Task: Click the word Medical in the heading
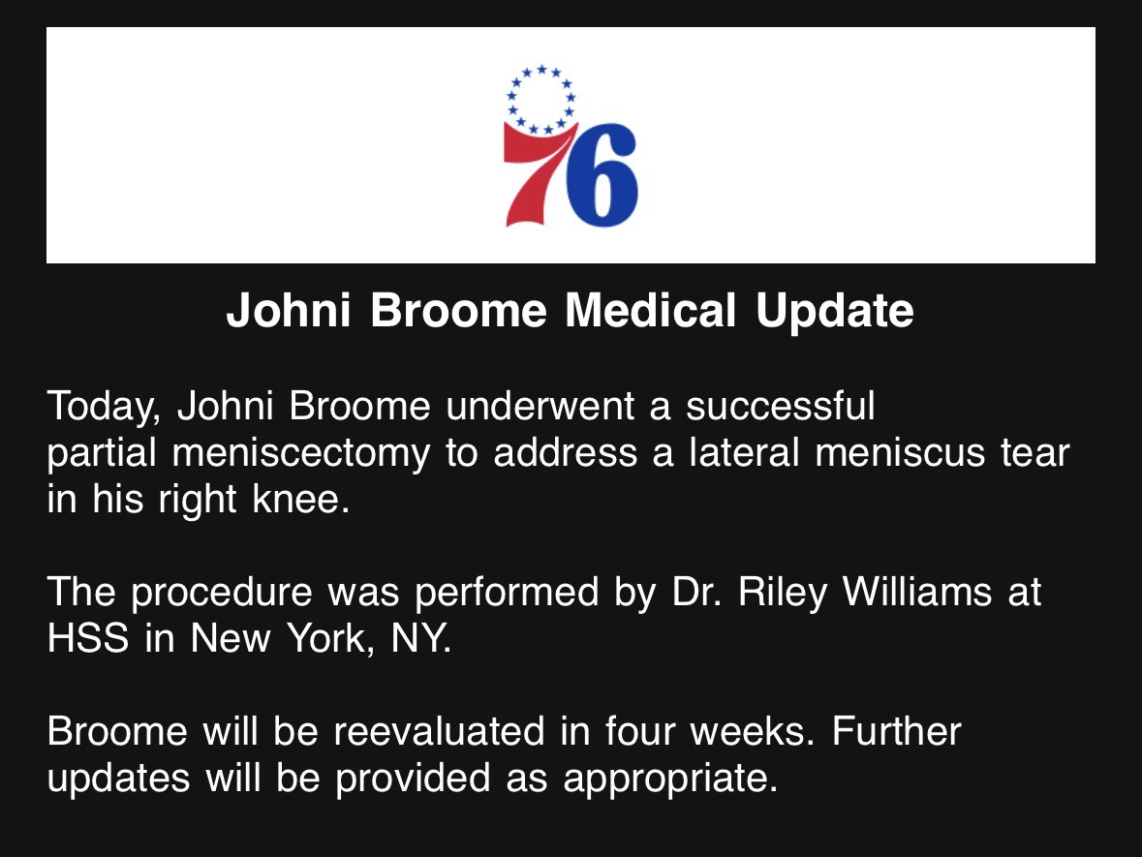click(x=650, y=311)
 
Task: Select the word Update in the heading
click(x=835, y=312)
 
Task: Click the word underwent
click(x=540, y=407)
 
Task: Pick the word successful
click(x=780, y=407)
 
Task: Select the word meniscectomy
click(x=301, y=454)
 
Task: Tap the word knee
click(x=301, y=500)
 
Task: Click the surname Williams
click(x=917, y=592)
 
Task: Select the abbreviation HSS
click(x=88, y=638)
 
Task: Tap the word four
click(x=639, y=731)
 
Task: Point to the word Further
click(x=897, y=731)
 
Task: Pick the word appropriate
click(x=670, y=780)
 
